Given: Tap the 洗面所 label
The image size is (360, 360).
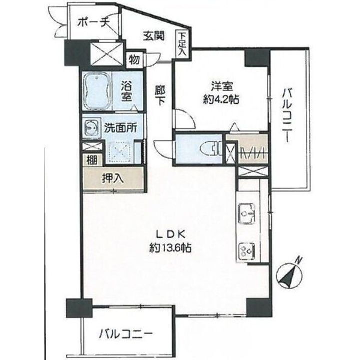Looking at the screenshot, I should click(x=120, y=127).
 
